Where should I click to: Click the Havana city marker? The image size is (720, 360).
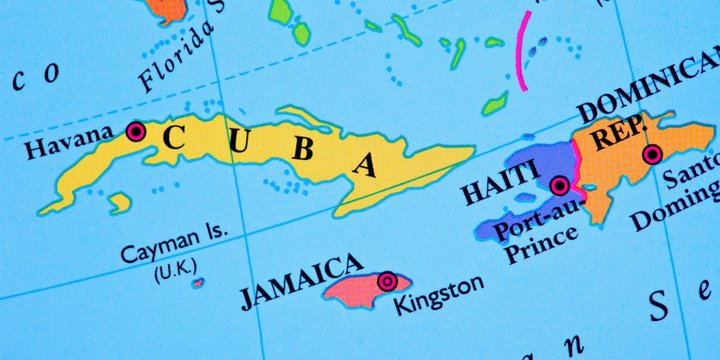click(135, 131)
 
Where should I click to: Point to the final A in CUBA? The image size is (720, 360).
click(366, 163)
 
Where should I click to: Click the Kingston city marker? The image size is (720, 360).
click(386, 282)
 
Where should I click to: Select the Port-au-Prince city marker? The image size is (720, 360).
click(560, 185)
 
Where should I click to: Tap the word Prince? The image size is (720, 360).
click(542, 250)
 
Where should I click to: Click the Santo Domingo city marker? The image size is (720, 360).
click(652, 154)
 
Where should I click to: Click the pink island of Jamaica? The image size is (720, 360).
click(355, 289)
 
